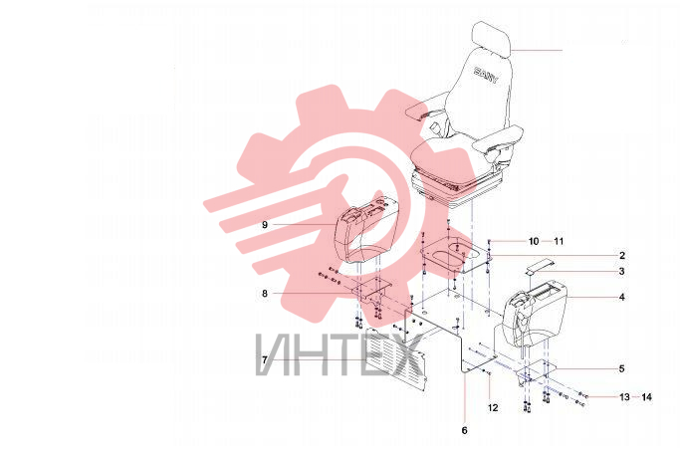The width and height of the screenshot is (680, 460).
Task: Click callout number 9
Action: coord(265,225)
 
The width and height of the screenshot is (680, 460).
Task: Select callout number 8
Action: coord(265,294)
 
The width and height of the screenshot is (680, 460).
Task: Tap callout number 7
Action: coord(265,359)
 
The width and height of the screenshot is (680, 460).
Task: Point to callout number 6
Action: coord(465,430)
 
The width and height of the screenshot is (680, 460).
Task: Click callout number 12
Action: coord(493,407)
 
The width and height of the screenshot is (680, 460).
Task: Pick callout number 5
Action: coord(621,368)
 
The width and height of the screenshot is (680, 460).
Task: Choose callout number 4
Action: coord(622,297)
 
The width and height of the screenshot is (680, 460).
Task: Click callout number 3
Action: coord(622,272)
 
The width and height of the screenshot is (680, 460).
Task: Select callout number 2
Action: coord(622,255)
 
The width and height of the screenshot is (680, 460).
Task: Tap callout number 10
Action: coord(534,241)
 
